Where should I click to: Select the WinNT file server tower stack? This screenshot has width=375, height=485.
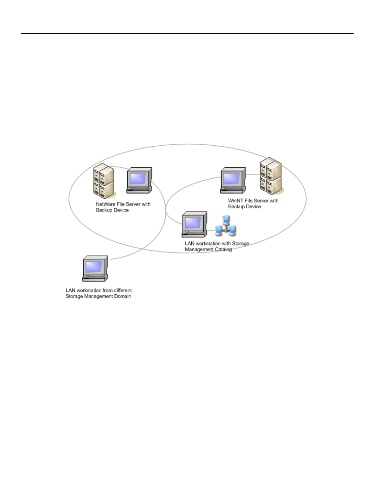(x=272, y=176)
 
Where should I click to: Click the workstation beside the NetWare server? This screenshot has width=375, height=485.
(x=140, y=180)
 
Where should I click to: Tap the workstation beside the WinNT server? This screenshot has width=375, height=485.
(x=233, y=180)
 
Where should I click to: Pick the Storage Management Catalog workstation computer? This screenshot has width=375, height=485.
(x=194, y=224)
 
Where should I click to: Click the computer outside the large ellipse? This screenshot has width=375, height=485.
(x=95, y=268)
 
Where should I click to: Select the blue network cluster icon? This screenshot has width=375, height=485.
(x=226, y=226)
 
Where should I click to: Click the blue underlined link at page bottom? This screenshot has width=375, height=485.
(x=61, y=482)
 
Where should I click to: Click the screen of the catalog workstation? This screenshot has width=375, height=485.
(x=193, y=222)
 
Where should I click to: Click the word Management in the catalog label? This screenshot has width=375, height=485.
(x=199, y=249)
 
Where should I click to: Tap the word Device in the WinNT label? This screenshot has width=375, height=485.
(x=253, y=207)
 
